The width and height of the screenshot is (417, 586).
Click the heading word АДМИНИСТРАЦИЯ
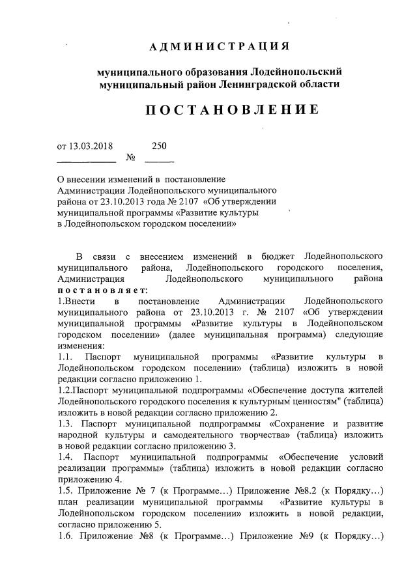[x=219, y=47]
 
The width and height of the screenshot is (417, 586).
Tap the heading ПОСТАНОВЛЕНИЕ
[x=232, y=109]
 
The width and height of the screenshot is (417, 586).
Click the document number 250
[x=159, y=146]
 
